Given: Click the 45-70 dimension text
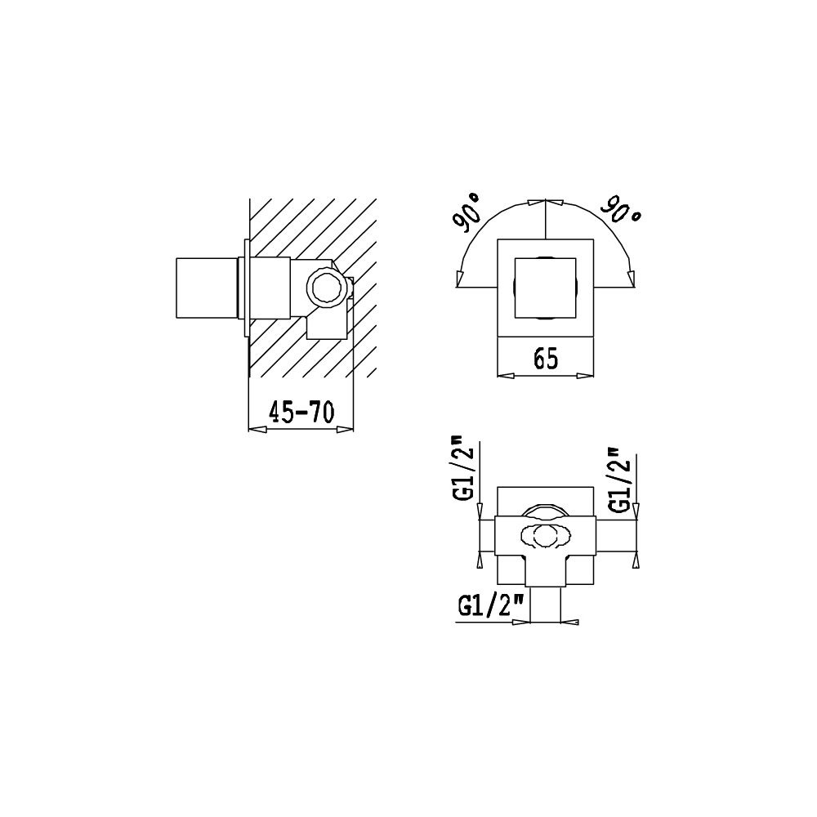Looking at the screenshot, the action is click(301, 412).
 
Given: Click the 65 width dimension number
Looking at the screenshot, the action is click(546, 359).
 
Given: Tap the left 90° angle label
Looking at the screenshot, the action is click(467, 212).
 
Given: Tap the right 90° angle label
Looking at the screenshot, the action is click(621, 210).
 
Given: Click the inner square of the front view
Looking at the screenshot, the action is click(545, 288).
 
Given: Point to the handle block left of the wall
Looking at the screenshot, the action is click(208, 288).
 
